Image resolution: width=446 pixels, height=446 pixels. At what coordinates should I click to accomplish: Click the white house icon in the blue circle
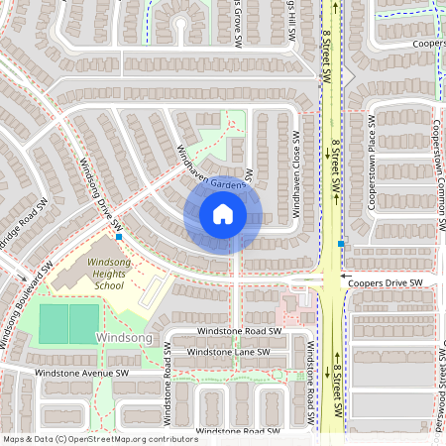coord(223,214)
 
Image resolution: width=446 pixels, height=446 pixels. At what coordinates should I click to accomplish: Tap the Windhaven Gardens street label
coord(210,169)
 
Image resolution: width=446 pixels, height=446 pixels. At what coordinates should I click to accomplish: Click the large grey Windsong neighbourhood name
coord(124,338)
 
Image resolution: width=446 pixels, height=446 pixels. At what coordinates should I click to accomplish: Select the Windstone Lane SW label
coord(228,352)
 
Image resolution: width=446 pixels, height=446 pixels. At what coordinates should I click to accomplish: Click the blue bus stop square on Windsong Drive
coord(119,237)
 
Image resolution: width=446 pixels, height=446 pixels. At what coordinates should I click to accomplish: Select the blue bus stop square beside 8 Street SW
coord(342,244)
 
